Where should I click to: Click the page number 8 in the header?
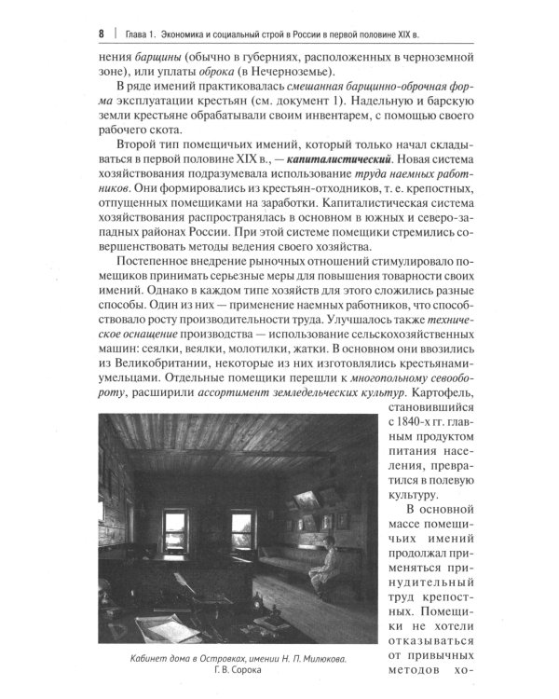(99, 35)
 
